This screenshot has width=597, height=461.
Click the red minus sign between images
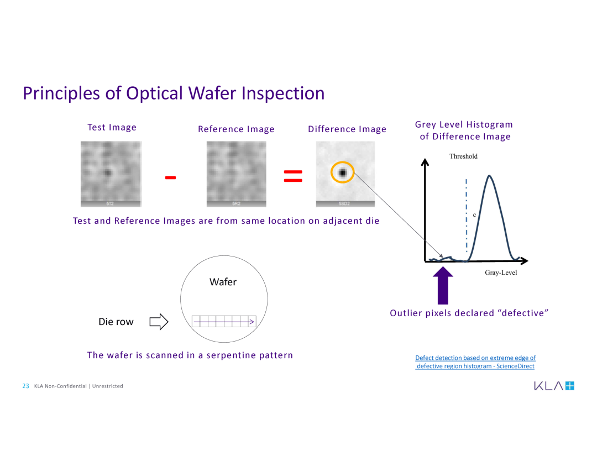click(x=170, y=177)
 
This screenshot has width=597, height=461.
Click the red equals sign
click(x=293, y=176)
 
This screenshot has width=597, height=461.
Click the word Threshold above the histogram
click(x=463, y=156)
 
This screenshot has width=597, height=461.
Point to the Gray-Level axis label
click(x=501, y=273)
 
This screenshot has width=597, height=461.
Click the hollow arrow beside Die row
click(x=159, y=322)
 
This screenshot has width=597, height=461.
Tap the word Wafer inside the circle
click(x=223, y=282)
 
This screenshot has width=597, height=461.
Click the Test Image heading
click(x=112, y=128)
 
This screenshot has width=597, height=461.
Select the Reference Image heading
click(x=236, y=129)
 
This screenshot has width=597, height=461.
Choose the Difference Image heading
click(x=347, y=129)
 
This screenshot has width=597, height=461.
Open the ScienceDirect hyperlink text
click(x=475, y=362)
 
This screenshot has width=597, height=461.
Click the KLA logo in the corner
click(x=554, y=386)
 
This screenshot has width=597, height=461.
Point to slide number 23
click(x=25, y=386)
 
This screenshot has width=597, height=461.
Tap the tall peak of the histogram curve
click(x=489, y=178)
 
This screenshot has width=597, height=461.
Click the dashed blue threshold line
click(x=467, y=216)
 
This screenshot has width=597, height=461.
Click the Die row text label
click(x=116, y=322)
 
